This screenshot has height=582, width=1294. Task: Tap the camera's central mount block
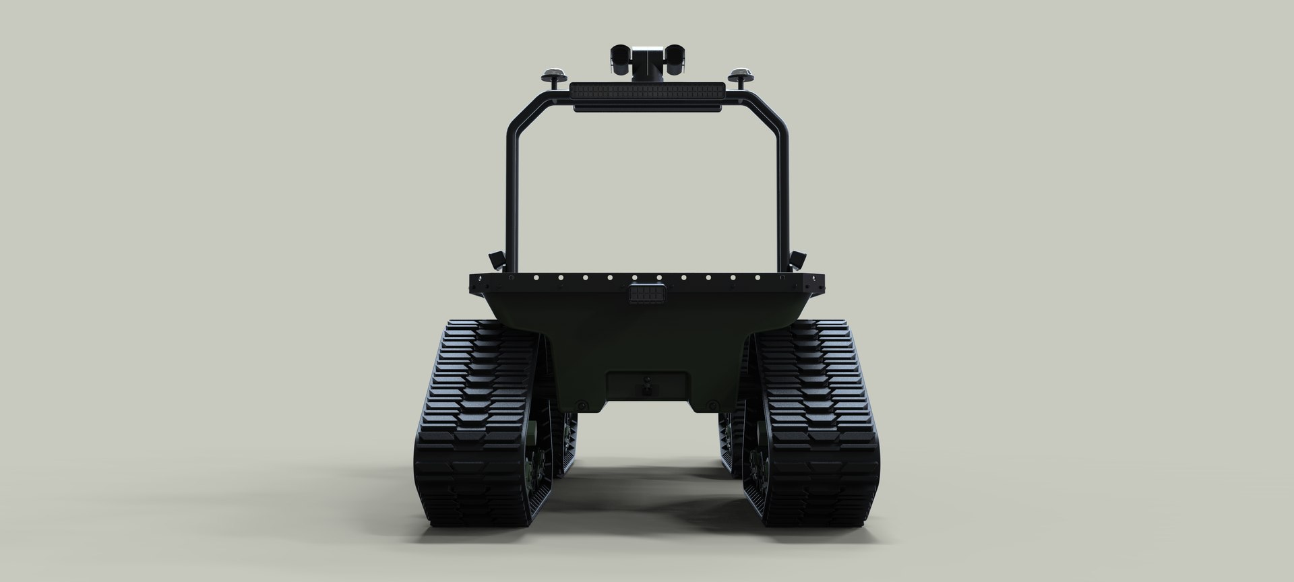click(x=647, y=65)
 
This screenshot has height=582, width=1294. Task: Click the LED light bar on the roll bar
click(x=647, y=90)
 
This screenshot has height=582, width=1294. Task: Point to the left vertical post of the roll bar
click(x=512, y=195)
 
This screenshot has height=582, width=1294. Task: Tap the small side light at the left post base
click(x=495, y=258)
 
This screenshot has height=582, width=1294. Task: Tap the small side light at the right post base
click(x=799, y=258)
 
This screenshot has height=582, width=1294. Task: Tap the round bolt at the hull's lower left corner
click(x=584, y=406)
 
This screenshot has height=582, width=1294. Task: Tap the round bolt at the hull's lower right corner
click(x=710, y=406)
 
